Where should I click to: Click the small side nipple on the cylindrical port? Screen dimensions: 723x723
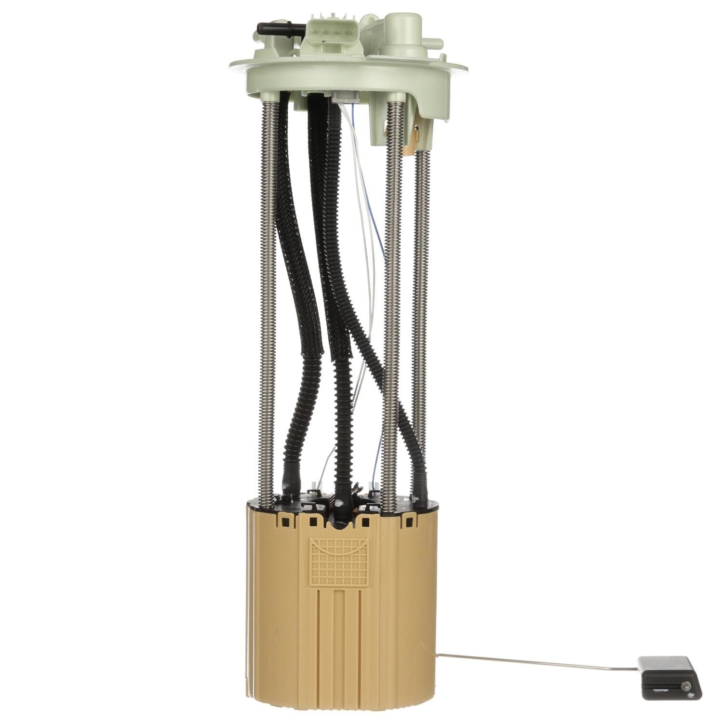[x=434, y=43]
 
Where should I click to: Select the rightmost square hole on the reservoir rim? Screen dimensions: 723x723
[x=409, y=522]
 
